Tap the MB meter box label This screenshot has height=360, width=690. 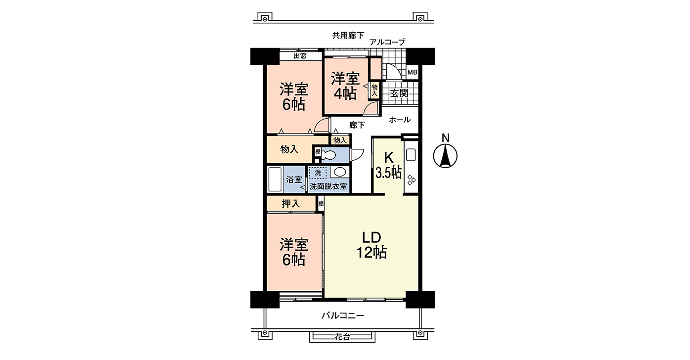point(412,73)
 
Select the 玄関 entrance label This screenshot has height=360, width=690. point(399,93)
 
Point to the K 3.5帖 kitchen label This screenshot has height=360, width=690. point(388,165)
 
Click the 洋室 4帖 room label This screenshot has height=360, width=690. point(345,86)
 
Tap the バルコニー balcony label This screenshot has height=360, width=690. point(342,315)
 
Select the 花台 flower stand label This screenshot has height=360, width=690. point(342,337)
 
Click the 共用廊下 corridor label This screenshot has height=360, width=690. point(348,35)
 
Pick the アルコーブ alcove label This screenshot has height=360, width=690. point(387,42)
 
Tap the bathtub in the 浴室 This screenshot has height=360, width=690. point(275,180)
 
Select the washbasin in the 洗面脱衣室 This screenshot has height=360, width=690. point(339,172)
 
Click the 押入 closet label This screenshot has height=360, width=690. point(291,203)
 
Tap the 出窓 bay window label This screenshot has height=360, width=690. point(300,56)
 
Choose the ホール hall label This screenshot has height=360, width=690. point(400,120)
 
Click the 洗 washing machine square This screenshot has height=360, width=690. point(318,173)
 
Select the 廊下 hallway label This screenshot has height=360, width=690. point(357,125)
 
